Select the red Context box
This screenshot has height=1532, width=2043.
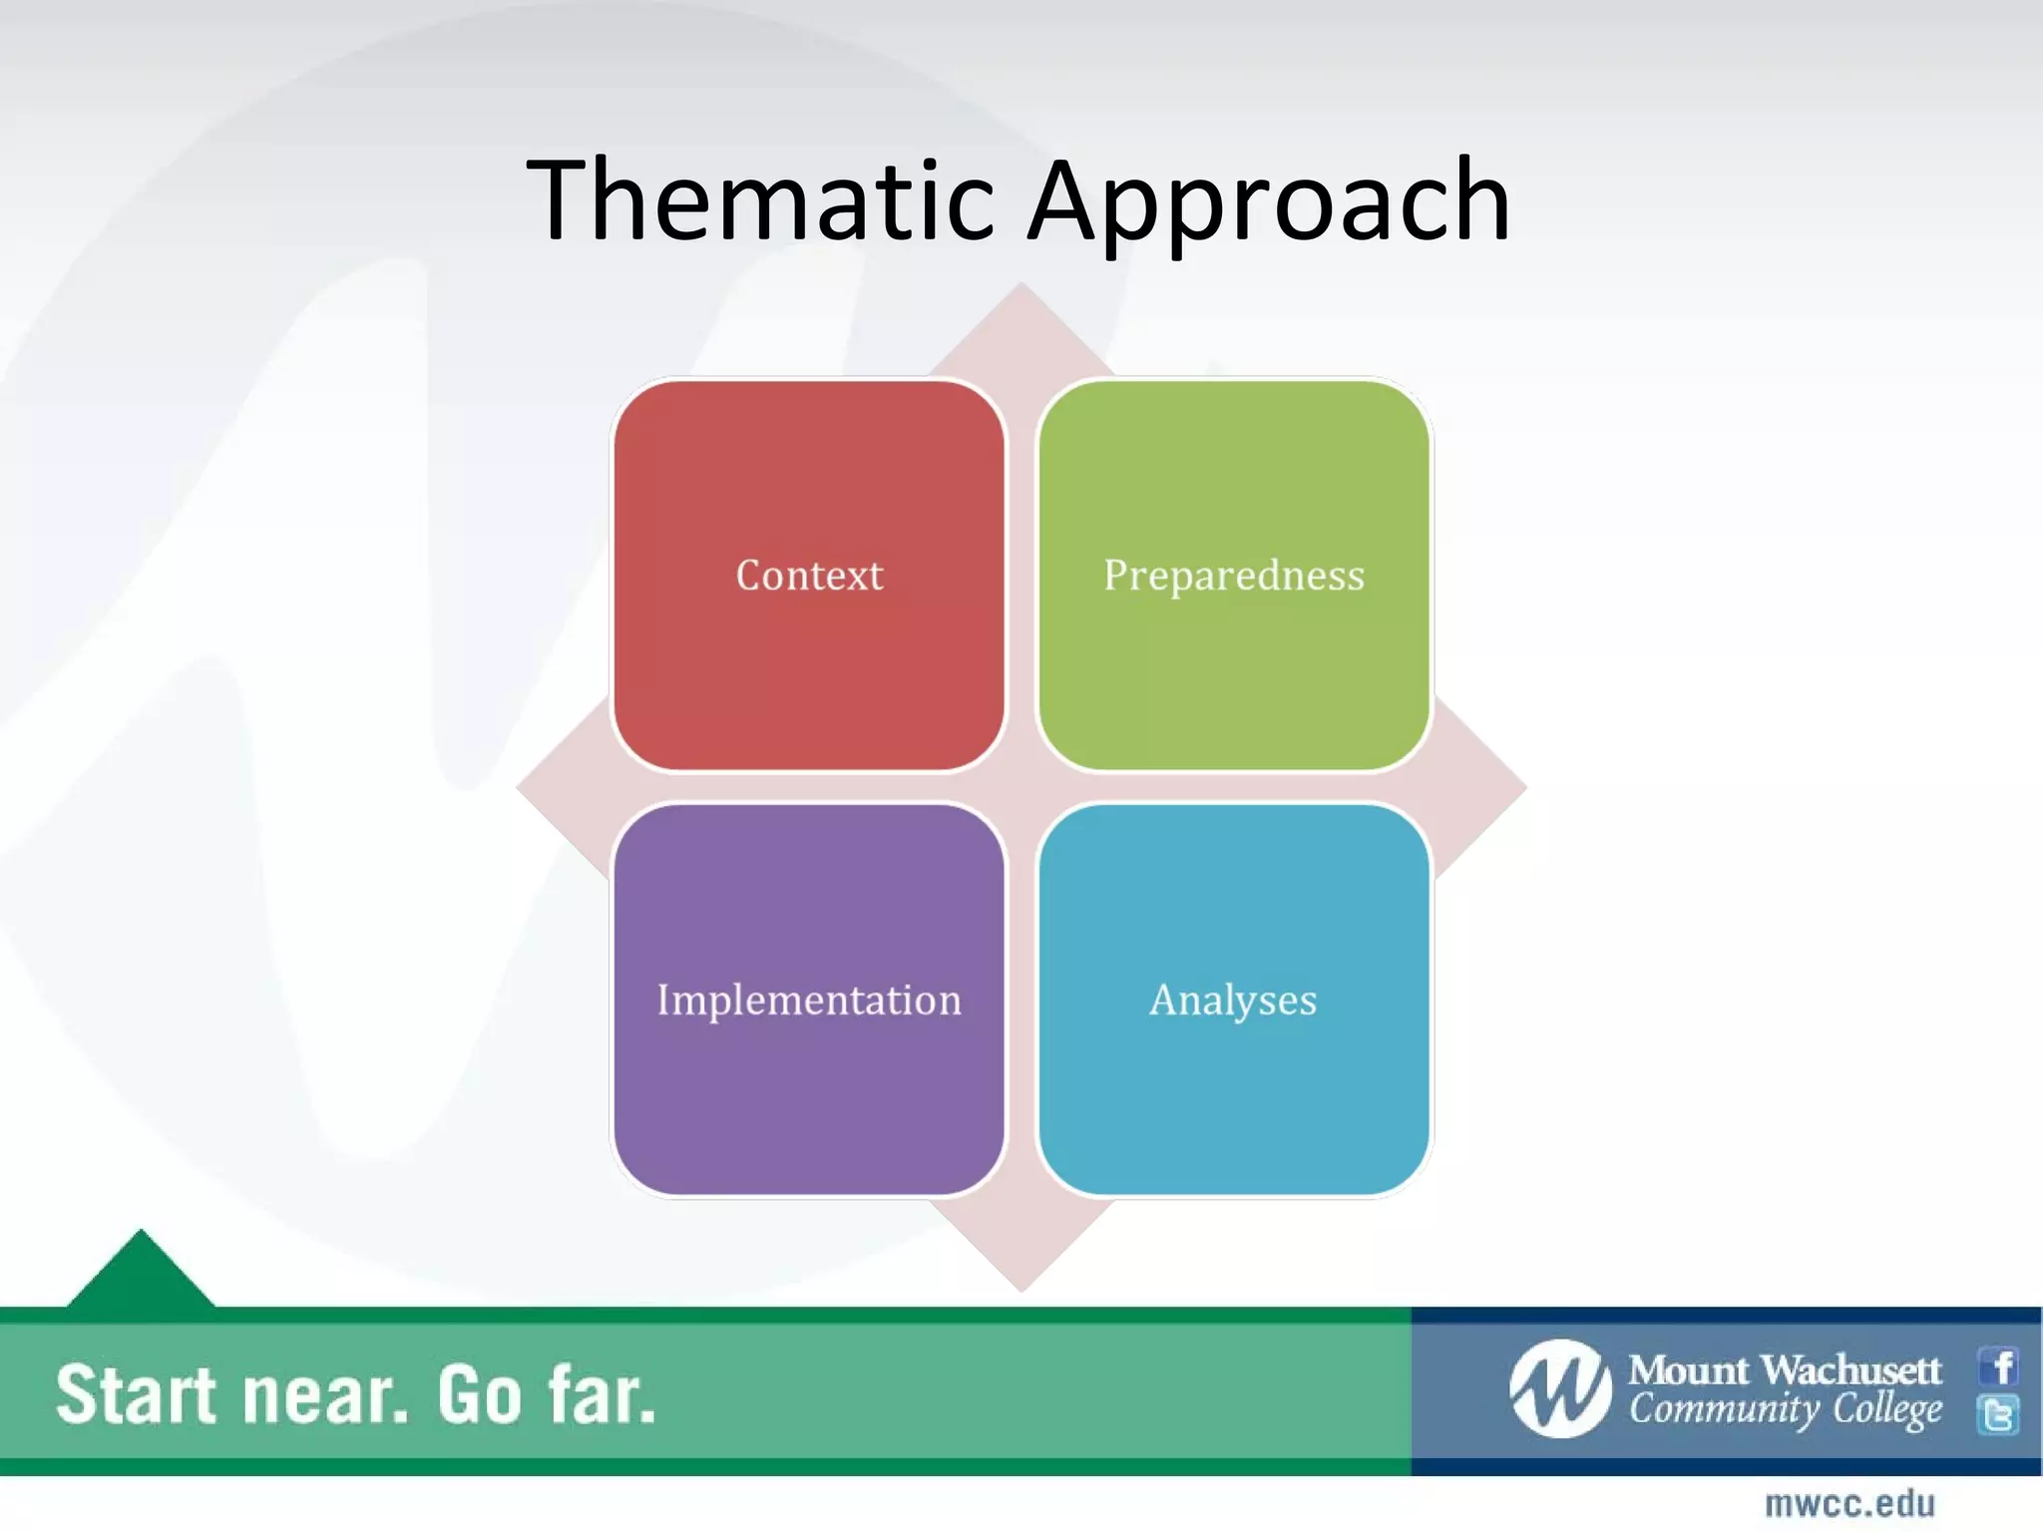(809, 575)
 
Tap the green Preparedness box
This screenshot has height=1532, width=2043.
(1234, 575)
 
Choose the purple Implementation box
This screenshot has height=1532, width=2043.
(809, 999)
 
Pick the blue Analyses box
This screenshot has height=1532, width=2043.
(1234, 999)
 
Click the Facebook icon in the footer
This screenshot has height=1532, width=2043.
(1999, 1365)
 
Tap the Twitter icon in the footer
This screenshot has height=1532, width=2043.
(1999, 1414)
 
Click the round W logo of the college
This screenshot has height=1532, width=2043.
(1560, 1388)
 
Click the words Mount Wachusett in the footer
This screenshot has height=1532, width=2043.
(1785, 1370)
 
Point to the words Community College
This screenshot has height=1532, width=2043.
(1785, 1410)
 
